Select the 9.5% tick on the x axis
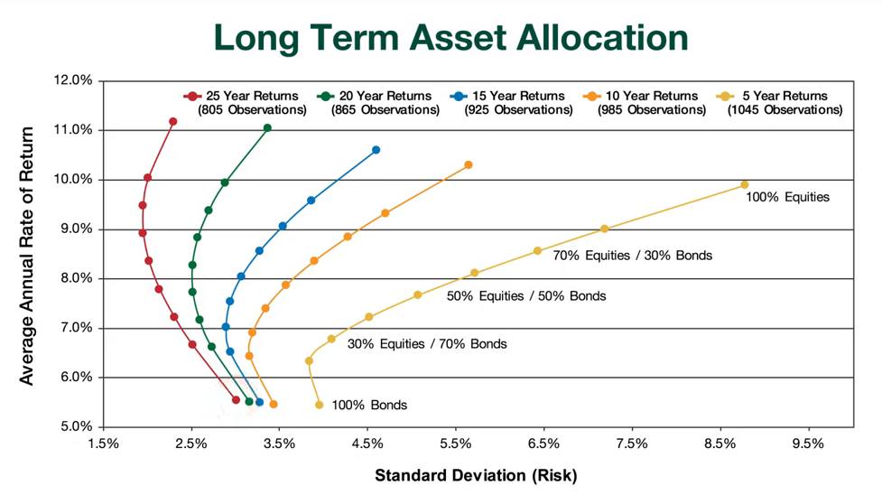808,444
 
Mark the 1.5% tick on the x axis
102,444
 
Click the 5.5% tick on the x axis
455,444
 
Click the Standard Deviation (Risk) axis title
475,474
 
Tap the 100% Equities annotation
787,196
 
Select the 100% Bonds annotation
369,406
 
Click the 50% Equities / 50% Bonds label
526,295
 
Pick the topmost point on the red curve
173,122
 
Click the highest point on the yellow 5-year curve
745,184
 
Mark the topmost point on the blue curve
376,150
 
